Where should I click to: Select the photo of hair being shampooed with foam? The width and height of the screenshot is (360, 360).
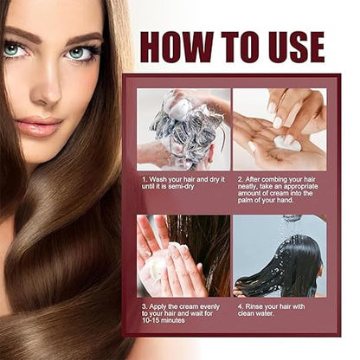[x=183, y=129]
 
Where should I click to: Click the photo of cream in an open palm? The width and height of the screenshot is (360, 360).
[x=279, y=129]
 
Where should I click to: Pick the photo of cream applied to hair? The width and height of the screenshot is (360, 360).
[x=183, y=255]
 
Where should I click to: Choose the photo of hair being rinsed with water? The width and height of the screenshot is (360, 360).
[x=279, y=255]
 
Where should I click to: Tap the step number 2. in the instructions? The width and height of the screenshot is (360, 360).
[x=238, y=181]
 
